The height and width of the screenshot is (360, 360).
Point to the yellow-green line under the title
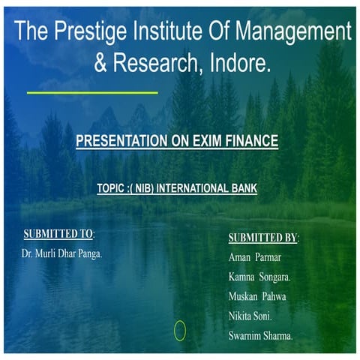click(92, 93)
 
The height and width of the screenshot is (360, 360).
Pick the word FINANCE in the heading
click(248, 140)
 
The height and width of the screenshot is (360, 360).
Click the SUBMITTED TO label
click(58, 234)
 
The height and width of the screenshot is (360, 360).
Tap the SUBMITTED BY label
click(262, 238)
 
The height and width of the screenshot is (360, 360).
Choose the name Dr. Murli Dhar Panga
click(61, 253)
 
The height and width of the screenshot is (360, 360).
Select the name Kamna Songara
click(259, 277)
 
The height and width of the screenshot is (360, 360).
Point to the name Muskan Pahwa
click(257, 297)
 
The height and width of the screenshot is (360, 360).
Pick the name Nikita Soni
click(250, 316)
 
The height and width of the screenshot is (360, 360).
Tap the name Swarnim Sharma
click(260, 336)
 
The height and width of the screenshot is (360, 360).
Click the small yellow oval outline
click(180, 330)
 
